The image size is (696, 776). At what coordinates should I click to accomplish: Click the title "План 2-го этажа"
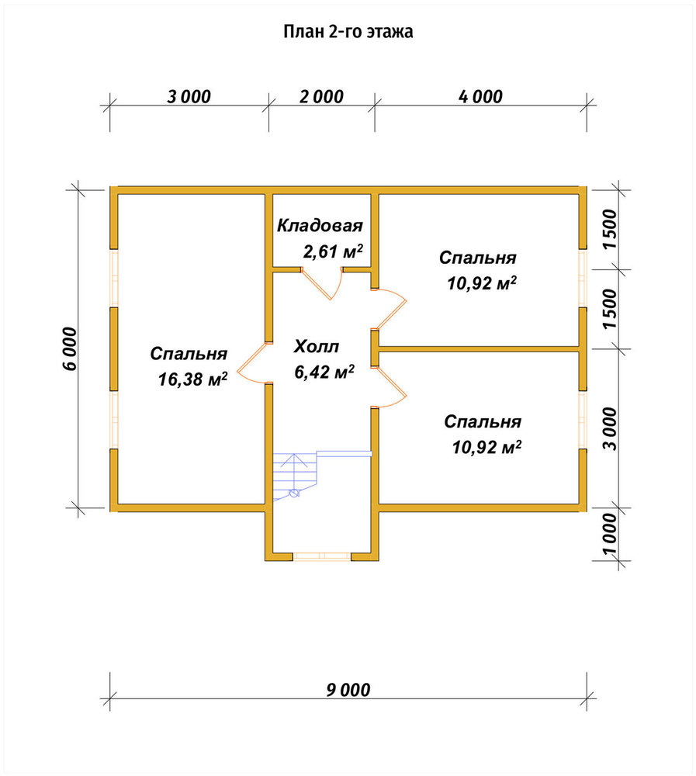348,32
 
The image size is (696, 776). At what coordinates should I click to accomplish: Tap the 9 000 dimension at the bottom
348,690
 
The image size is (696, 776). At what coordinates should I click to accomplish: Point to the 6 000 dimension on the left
71,348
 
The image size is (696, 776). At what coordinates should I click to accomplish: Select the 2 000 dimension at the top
321,96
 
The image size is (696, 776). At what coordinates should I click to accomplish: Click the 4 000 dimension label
480,96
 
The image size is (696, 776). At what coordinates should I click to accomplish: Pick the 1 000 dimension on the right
611,535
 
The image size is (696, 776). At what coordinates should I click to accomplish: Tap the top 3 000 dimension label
189,96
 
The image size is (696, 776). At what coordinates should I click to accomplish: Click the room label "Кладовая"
320,226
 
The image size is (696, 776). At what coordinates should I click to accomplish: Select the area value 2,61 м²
333,251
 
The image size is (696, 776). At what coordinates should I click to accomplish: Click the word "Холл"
317,346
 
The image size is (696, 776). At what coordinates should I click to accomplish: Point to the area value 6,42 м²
324,372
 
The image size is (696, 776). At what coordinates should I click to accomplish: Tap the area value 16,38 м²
192,379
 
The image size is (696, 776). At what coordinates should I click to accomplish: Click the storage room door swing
322,284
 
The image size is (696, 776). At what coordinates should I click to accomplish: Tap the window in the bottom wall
322,556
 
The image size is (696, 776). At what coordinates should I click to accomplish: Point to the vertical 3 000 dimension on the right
611,429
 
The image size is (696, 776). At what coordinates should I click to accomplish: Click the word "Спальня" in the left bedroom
189,354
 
